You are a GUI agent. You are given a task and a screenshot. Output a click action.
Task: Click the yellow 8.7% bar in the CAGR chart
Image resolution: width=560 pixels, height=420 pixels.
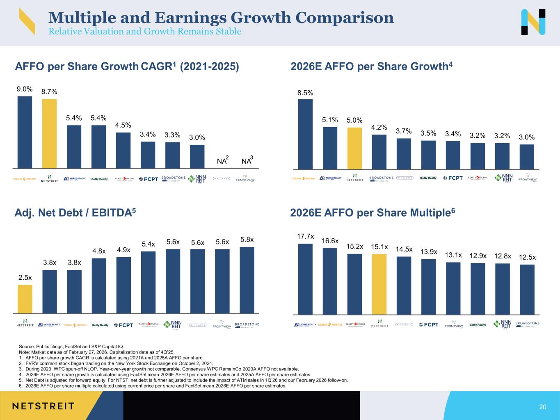[49, 133]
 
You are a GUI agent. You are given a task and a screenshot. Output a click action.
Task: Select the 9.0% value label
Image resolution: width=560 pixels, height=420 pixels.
[25, 89]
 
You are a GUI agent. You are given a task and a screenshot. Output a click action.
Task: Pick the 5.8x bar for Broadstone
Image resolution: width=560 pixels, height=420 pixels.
[247, 280]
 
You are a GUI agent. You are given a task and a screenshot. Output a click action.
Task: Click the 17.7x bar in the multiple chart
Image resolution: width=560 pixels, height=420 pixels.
[305, 279]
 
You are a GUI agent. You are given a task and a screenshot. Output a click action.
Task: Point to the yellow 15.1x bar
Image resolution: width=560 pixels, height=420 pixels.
[379, 284]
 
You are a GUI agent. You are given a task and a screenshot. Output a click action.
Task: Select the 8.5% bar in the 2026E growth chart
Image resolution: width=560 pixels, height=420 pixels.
[305, 134]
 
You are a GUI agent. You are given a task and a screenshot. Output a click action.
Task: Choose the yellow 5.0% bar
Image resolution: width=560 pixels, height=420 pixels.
[354, 148]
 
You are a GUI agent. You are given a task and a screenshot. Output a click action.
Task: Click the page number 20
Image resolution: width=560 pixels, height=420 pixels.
[543, 407]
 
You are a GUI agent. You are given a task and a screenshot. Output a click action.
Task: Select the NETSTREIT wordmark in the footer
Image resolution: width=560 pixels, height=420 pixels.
[43, 406]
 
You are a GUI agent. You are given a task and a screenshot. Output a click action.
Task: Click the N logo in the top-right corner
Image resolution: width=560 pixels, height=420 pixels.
[533, 22]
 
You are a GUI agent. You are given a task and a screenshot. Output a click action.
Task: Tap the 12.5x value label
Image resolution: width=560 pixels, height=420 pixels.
[527, 257]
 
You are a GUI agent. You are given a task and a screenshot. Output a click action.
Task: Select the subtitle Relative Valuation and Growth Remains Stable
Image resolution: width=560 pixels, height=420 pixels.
[145, 32]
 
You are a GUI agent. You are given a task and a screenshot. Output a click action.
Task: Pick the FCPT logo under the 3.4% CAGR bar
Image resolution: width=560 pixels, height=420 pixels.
[148, 179]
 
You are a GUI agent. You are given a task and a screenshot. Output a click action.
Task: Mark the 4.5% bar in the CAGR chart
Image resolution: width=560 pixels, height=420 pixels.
[123, 150]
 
